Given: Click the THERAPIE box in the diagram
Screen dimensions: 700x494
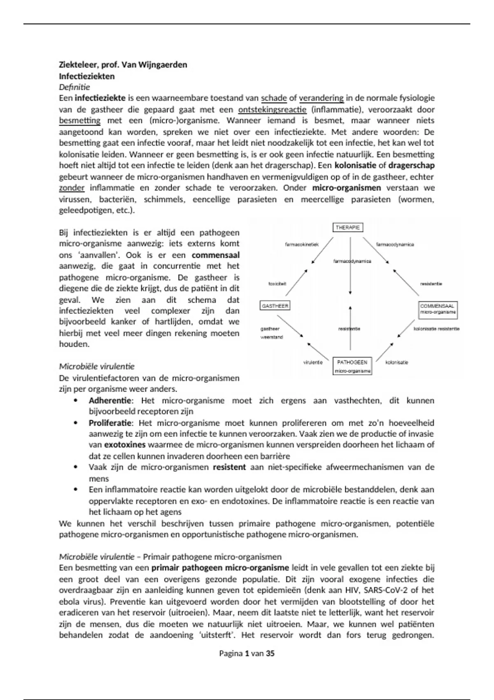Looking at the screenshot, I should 347,227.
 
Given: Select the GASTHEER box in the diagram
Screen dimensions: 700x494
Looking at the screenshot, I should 275,306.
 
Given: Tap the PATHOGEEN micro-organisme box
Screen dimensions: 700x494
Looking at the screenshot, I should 352,366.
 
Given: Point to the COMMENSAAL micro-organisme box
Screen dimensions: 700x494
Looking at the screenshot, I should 438,309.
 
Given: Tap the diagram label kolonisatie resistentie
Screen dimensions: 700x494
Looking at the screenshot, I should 436,329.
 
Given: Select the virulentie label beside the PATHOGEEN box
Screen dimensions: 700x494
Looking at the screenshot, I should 313,362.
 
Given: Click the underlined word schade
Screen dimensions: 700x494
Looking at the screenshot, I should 274,98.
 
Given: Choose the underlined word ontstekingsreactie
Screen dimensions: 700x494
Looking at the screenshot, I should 272,110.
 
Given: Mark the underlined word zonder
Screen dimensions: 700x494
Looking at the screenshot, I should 72,188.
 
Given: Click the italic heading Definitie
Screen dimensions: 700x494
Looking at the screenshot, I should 74,87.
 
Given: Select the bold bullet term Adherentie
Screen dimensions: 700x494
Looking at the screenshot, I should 110,400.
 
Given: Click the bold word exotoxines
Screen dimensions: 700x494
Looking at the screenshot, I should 125,445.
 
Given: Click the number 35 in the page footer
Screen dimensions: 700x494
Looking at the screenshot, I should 270,653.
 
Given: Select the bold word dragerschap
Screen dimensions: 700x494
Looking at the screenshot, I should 411,166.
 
